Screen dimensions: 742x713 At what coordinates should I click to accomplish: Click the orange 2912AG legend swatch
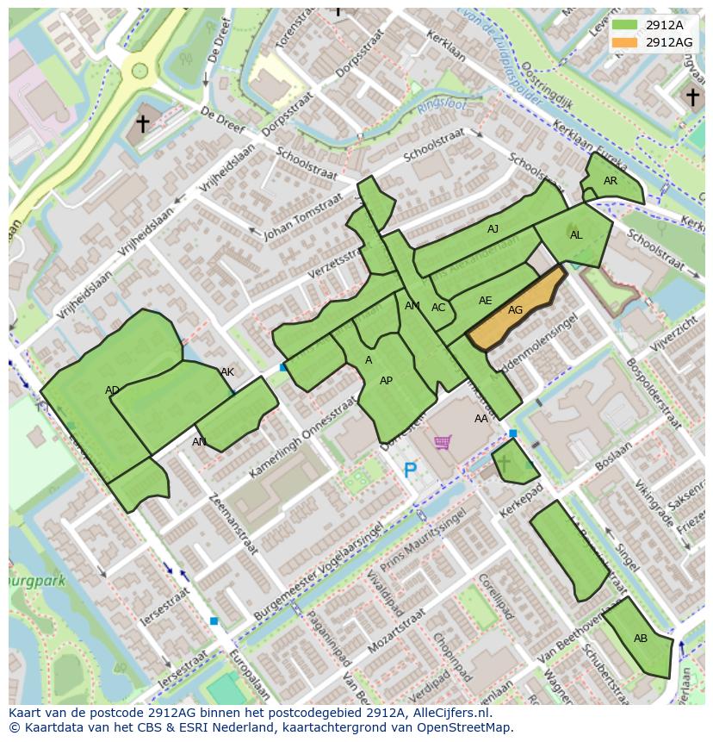coord(625,42)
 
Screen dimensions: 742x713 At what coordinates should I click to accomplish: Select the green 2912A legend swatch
coord(625,26)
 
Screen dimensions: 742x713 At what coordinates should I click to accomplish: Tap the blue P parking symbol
coord(411,471)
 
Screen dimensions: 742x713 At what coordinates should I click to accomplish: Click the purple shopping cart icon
coord(443,442)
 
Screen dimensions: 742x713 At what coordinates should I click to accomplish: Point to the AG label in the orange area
coord(515,310)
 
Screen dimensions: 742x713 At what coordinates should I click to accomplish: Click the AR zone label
coord(611,181)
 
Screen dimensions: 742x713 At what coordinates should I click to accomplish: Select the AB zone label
coord(641,639)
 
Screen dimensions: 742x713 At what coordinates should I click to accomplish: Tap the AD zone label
coord(113,390)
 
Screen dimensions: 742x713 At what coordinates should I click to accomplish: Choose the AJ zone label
coord(493,229)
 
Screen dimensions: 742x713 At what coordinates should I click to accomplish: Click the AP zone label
coord(386,381)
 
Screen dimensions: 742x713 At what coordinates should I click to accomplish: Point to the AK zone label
coord(227,372)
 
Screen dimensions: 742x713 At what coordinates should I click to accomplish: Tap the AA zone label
coord(481,419)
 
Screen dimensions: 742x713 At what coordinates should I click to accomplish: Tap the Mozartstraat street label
coord(395,633)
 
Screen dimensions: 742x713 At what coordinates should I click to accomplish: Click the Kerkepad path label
coord(519,500)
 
